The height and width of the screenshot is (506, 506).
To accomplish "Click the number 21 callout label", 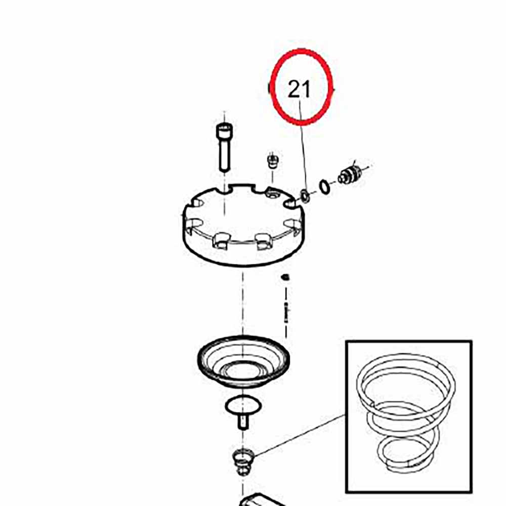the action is coord(299,89).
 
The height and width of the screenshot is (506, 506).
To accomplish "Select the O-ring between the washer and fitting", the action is coord(325,187).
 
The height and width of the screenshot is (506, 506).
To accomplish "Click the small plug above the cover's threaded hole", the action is coord(273,161).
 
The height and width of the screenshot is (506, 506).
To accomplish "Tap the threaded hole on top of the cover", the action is coord(273,195).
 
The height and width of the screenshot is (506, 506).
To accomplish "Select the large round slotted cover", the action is coord(243,225).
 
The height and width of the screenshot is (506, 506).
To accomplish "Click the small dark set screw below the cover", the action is coord(285,277).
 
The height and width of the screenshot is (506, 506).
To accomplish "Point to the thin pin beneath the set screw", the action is coord(286,312).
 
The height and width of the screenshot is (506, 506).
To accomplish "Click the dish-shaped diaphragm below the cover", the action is coord(243,361).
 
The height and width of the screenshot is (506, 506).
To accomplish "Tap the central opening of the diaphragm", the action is coord(243,370).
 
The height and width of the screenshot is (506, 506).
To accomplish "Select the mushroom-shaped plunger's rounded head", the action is coord(243,405).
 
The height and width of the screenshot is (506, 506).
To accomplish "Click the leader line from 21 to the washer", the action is coord(303,146).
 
